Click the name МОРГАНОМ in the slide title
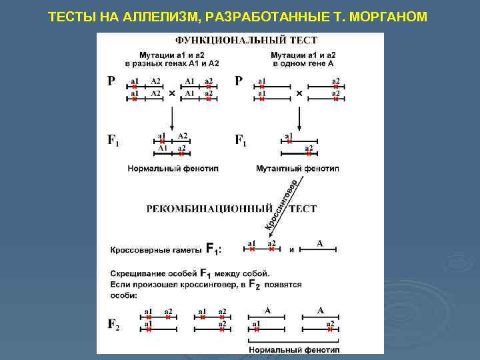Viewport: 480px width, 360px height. tap(390, 15)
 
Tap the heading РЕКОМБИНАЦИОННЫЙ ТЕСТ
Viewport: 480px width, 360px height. tap(231, 209)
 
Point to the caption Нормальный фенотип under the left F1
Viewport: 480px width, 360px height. tap(172, 169)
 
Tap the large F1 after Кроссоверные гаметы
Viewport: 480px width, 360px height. tap(213, 249)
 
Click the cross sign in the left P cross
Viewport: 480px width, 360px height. tap(172, 94)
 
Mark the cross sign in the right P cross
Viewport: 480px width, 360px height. tap(299, 94)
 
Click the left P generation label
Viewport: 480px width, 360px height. tap(111, 81)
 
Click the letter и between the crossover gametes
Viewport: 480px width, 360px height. tap(292, 251)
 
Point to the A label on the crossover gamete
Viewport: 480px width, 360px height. tap(319, 243)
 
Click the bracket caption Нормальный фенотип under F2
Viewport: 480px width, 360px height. tap(293, 349)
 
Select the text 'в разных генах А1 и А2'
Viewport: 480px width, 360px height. tap(172, 63)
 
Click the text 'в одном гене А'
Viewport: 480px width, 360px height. tap(303, 63)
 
